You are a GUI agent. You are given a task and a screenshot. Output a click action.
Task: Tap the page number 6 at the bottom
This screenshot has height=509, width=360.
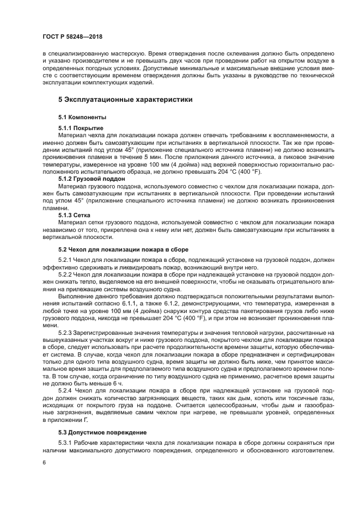tap(43, 462)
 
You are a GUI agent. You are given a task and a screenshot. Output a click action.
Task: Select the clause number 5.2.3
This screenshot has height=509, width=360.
tap(65, 332)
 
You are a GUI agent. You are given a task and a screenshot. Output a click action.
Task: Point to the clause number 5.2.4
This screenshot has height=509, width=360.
tap(65, 390)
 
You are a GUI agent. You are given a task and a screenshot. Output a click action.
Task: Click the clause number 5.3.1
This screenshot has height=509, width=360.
tap(65, 443)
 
